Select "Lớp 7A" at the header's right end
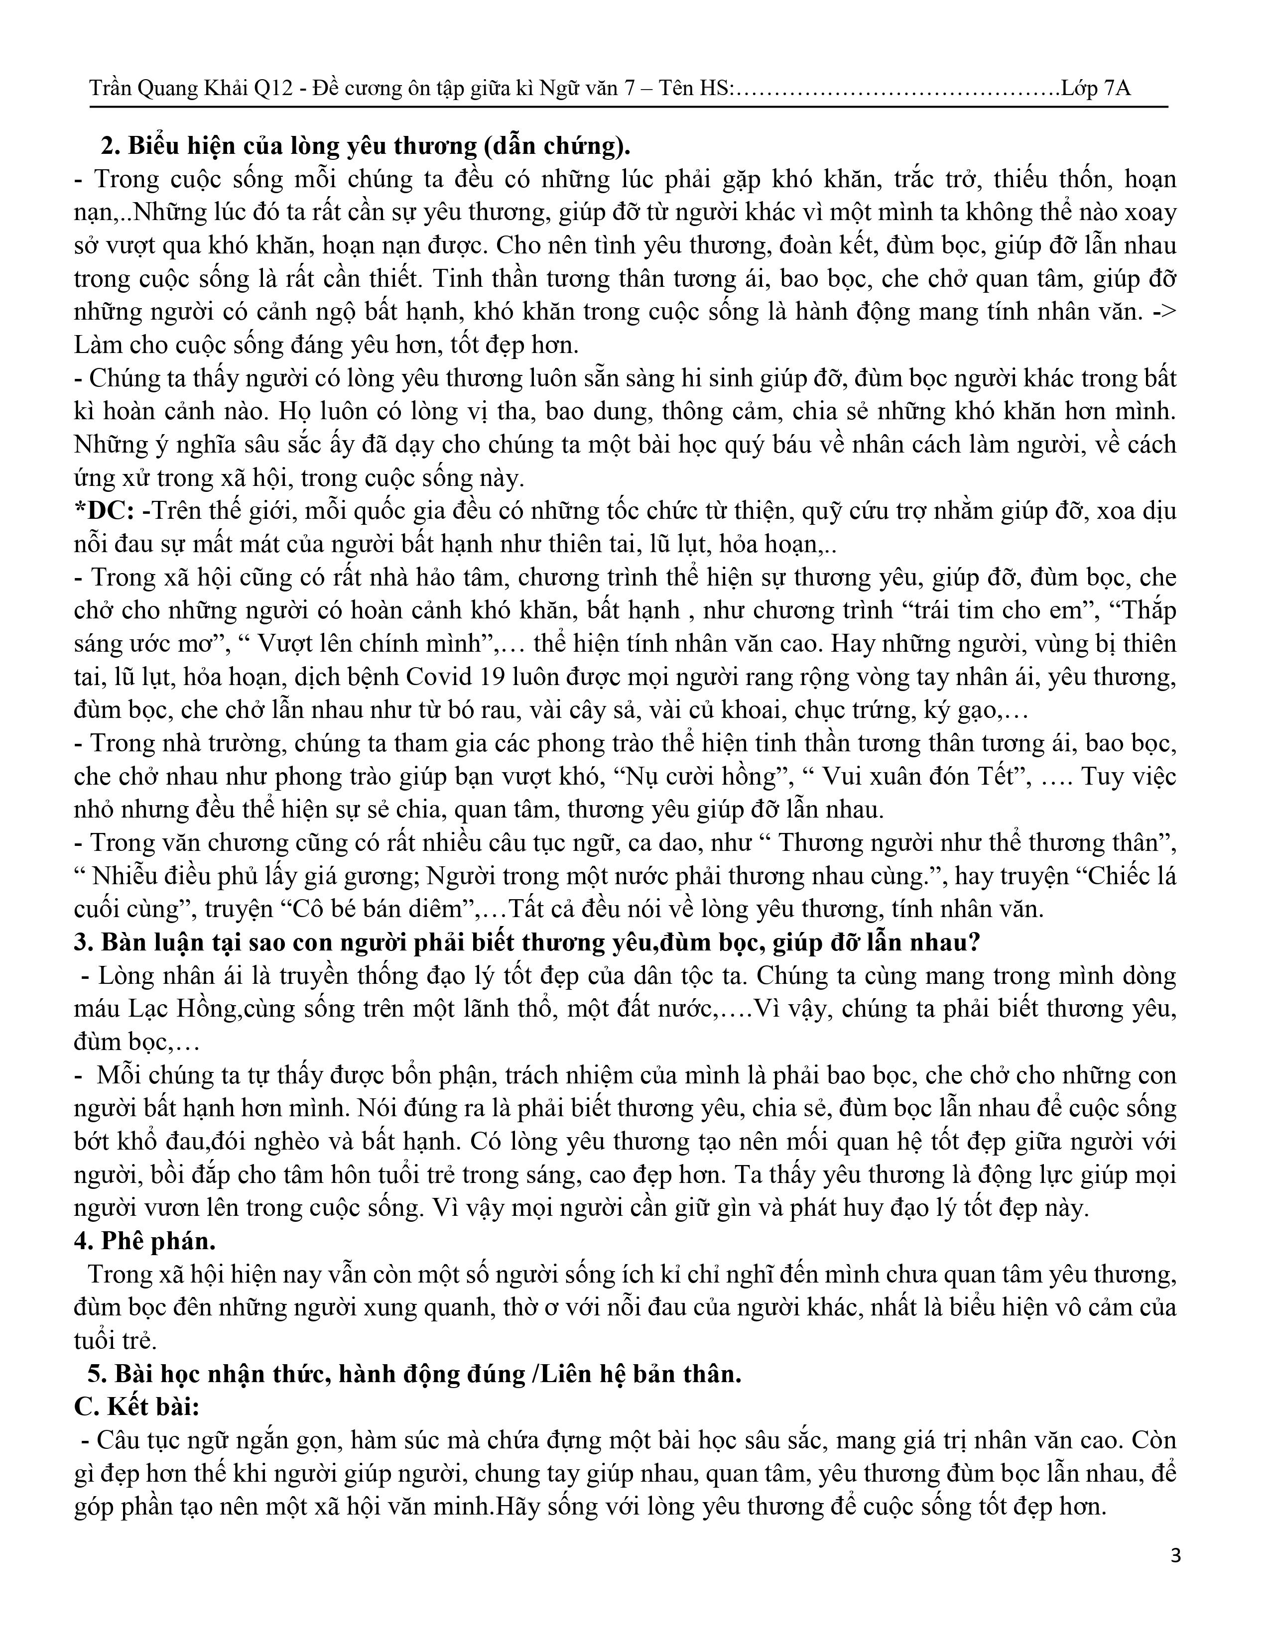click(1096, 89)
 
